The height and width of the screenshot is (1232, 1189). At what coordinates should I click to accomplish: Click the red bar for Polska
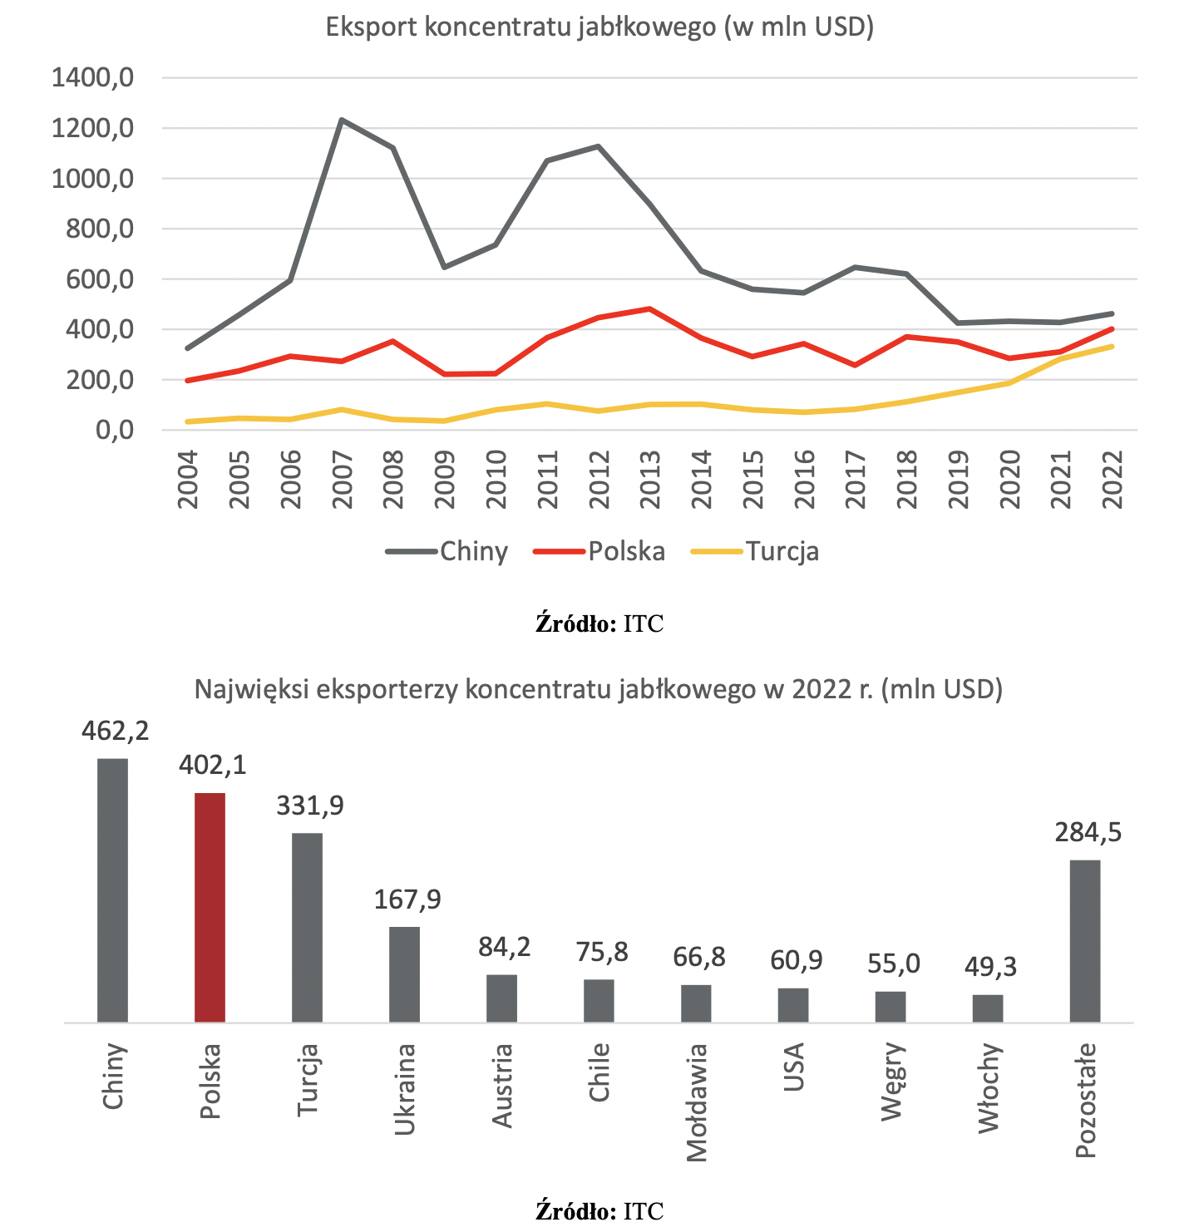[210, 907]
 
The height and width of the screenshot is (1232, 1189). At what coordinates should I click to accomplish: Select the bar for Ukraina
[404, 974]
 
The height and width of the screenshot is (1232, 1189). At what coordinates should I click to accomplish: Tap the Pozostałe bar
[1084, 941]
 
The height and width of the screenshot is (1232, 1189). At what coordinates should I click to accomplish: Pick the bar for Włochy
[988, 1008]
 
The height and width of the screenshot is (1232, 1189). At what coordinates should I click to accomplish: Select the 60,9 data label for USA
[796, 960]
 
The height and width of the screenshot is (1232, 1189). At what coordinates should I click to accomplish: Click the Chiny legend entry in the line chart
[447, 551]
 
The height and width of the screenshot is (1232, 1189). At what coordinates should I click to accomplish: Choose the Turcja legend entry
[754, 551]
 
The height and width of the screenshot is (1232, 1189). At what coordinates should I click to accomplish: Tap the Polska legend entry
[599, 551]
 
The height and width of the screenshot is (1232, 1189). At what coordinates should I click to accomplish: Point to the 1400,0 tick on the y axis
[92, 78]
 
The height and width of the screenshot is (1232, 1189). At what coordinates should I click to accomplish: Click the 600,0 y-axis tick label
[100, 279]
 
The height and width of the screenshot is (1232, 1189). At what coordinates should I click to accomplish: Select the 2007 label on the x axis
[342, 480]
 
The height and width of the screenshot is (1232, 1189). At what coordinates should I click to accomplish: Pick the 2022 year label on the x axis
[1112, 480]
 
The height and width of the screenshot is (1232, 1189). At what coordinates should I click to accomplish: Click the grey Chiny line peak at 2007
[341, 120]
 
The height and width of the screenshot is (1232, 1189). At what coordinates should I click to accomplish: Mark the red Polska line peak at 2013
[649, 309]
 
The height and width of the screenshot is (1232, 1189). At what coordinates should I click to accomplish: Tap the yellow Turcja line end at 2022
[1112, 347]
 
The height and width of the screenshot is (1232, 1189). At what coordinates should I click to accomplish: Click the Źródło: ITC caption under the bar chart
[599, 1210]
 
